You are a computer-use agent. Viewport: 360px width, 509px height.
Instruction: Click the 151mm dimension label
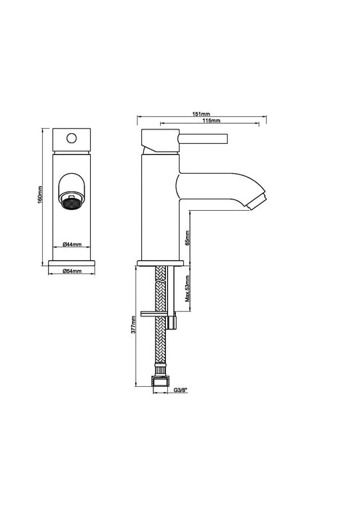coord(201,114)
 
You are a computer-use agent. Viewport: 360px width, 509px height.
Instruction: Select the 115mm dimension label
coord(212,121)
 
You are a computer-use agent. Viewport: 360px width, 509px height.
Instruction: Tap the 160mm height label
coord(40,195)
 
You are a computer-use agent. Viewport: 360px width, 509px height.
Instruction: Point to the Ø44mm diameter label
coord(72,244)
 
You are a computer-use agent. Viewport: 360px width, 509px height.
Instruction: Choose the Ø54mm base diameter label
coord(72,270)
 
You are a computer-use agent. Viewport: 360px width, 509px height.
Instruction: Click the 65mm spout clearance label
coord(188,238)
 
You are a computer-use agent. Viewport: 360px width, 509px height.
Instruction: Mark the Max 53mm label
coord(188,289)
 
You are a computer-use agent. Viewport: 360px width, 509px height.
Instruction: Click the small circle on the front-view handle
coord(71,138)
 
